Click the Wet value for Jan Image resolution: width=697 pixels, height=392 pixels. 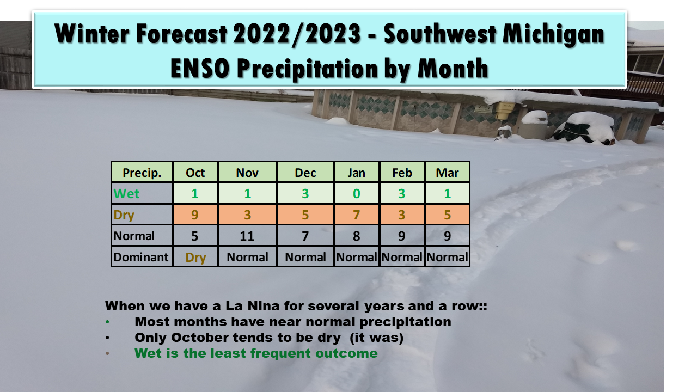[x=356, y=193]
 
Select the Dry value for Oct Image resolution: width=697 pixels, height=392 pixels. [x=195, y=215]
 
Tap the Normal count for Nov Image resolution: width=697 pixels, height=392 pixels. [x=247, y=236]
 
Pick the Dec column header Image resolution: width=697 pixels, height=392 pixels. [x=305, y=173]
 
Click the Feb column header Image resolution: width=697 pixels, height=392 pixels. [x=402, y=173]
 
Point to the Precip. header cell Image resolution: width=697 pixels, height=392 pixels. [x=142, y=173]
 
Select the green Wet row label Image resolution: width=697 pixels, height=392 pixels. [x=126, y=193]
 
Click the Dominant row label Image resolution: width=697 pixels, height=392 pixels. [x=140, y=257]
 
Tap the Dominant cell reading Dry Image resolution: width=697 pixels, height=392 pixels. [x=195, y=258]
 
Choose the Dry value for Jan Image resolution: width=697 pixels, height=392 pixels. [x=356, y=215]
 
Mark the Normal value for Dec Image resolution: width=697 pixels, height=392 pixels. [x=305, y=236]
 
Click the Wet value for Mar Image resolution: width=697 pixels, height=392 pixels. [x=447, y=193]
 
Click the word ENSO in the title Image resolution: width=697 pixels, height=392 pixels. [x=200, y=68]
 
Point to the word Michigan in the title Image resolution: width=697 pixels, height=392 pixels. [x=554, y=34]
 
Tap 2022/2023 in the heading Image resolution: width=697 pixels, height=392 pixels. [x=297, y=34]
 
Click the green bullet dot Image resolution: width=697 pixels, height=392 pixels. [x=107, y=322]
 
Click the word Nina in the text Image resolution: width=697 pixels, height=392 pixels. [x=263, y=306]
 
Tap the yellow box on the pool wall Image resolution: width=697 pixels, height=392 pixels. [x=504, y=111]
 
